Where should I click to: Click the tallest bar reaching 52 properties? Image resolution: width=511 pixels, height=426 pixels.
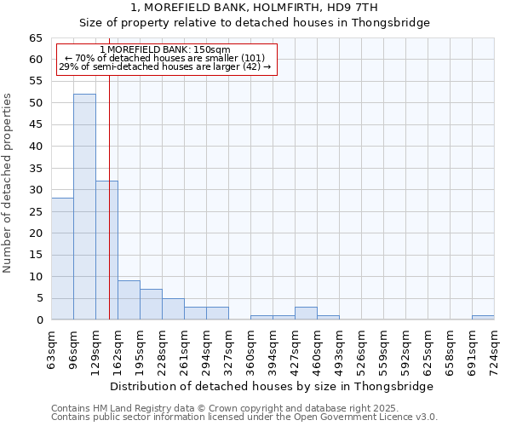[84, 207]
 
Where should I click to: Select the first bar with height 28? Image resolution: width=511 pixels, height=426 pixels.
[62, 259]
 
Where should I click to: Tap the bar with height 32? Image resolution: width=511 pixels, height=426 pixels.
[106, 250]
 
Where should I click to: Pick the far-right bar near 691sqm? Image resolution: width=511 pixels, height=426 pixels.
[483, 318]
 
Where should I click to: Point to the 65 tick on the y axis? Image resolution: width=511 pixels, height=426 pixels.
[36, 38]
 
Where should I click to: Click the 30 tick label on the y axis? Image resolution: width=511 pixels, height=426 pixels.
[36, 190]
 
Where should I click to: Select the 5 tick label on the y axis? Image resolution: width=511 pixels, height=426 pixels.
[39, 298]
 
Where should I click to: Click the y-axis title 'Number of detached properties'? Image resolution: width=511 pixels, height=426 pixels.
[8, 183]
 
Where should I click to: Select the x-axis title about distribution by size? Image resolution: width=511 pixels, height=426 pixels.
[272, 386]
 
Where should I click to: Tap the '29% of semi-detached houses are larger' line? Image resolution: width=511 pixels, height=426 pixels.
[165, 66]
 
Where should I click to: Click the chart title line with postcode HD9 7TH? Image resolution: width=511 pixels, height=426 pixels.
[255, 9]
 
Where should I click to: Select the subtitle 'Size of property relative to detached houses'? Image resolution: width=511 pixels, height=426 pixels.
[255, 23]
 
